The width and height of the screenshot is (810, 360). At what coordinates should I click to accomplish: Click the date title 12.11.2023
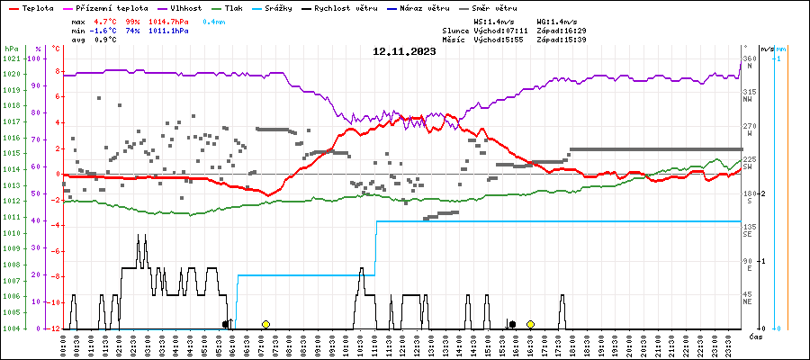pyautogui.click(x=404, y=52)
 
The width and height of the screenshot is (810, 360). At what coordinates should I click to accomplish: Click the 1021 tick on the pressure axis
pyautogui.click(x=12, y=59)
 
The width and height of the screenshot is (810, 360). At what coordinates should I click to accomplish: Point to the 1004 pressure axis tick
pyautogui.click(x=12, y=328)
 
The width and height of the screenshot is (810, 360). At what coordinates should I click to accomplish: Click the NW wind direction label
pyautogui.click(x=749, y=100)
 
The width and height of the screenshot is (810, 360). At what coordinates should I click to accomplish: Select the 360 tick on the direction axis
pyautogui.click(x=749, y=58)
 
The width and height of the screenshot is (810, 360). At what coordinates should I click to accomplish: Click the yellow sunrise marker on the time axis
pyautogui.click(x=265, y=324)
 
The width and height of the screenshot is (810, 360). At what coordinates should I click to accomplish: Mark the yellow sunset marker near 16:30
pyautogui.click(x=530, y=324)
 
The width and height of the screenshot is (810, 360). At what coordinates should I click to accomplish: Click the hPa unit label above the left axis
pyautogui.click(x=11, y=49)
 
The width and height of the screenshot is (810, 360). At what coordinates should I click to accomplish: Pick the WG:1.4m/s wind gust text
pyautogui.click(x=555, y=20)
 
